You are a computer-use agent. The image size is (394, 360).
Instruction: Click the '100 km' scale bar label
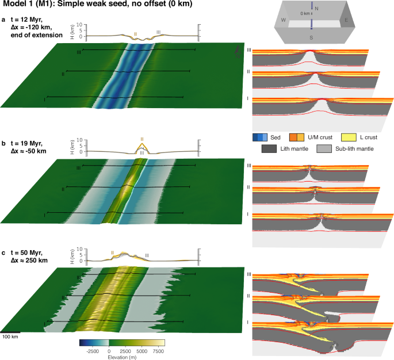pyautogui.click(x=10, y=336)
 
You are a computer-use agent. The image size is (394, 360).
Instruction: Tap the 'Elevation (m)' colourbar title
pyautogui.click(x=122, y=356)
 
